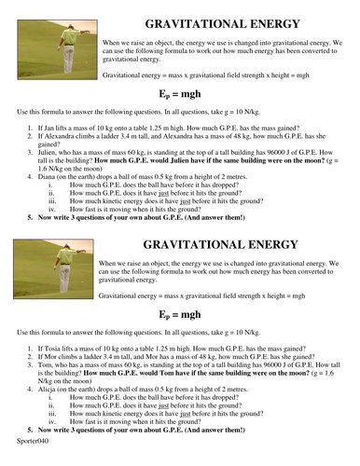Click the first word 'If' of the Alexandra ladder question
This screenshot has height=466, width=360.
coord(41,132)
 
